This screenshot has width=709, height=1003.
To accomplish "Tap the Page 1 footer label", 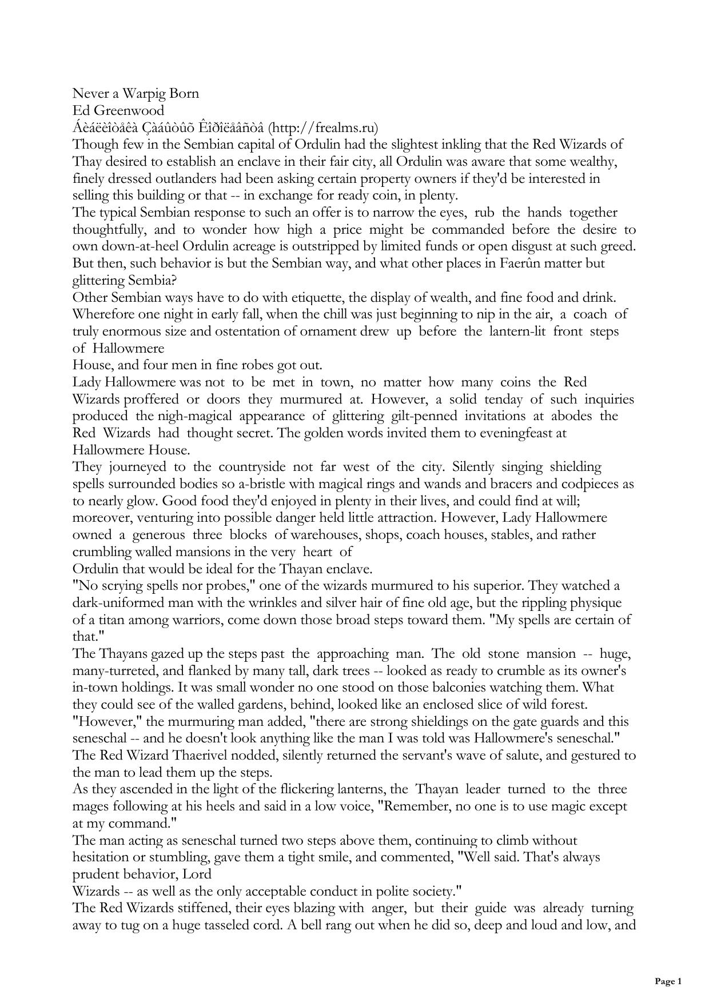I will pos(668,982).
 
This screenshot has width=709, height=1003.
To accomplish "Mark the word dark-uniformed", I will pos(113,603).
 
